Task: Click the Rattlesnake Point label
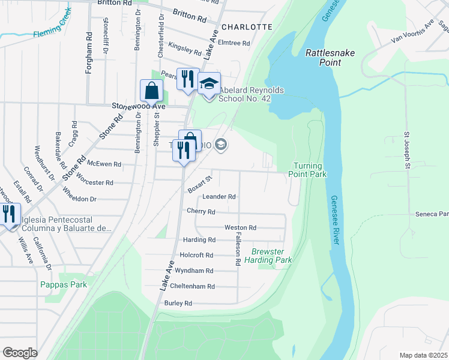tap(330, 58)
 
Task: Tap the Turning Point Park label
tap(309, 170)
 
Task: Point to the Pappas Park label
tap(64, 285)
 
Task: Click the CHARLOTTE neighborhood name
tap(247, 27)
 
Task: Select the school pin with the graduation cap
tap(209, 83)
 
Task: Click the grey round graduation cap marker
tap(221, 144)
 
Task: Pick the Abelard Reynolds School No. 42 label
tap(251, 95)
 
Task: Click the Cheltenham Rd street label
tap(192, 287)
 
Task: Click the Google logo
tap(20, 352)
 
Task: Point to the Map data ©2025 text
tap(423, 355)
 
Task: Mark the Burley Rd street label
tap(178, 304)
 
